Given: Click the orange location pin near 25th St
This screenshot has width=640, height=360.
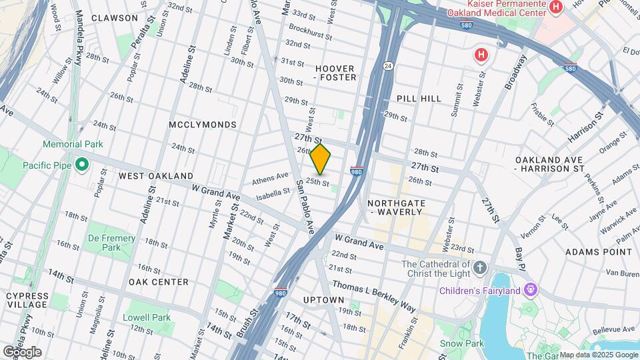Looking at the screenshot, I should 321,159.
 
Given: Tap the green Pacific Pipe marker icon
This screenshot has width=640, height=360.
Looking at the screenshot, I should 82,164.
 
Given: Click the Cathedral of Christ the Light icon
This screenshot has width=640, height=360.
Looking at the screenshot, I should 481,269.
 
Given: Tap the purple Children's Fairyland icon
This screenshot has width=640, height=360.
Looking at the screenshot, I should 531,290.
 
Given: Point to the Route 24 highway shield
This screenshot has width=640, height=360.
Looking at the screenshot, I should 387,65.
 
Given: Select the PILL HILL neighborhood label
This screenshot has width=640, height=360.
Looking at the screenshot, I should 419,98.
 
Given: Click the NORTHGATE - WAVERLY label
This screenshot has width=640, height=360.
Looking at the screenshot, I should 395,207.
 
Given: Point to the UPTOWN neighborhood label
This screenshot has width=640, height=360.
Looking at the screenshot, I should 323,300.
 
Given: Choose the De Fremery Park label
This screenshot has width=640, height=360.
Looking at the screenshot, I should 111,243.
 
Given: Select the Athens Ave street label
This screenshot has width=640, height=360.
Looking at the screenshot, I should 270,179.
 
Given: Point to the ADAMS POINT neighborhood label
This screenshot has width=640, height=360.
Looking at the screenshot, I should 598,252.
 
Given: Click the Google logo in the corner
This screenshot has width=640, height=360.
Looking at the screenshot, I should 22,352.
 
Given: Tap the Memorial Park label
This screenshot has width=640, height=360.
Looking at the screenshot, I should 72,144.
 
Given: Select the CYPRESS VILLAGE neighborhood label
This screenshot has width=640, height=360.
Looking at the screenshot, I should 27,301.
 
